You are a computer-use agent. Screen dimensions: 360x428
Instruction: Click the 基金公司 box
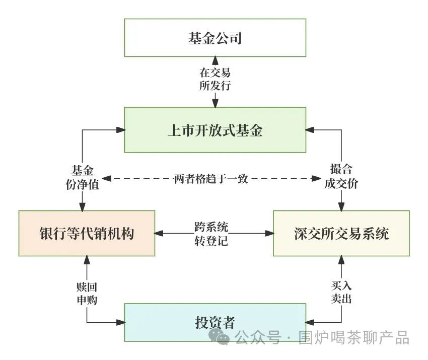pos(215,38)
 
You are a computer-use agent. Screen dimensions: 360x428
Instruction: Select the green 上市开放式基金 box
pos(215,130)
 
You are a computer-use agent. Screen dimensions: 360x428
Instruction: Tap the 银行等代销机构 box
pos(87,233)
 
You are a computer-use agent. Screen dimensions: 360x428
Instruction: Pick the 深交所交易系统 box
pos(341,233)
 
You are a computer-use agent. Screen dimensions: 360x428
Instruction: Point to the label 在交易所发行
pos(215,79)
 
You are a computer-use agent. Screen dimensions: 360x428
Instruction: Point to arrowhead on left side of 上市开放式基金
pos(120,130)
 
